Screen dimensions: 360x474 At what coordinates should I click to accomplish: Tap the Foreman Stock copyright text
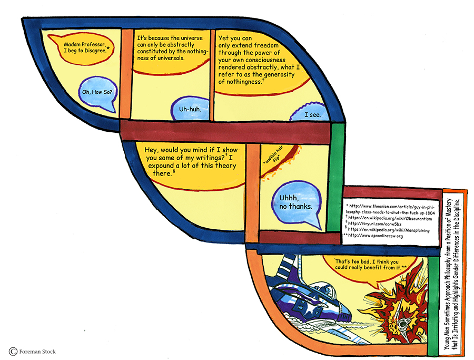coord(33,351)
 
